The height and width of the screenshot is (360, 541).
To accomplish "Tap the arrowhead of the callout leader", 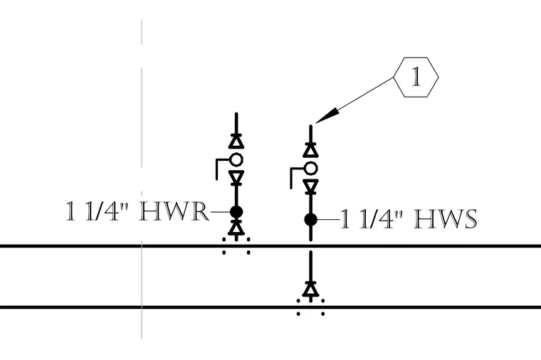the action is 327,115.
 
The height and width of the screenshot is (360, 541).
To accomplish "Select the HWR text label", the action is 174,211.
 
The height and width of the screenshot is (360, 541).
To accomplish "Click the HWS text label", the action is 446,219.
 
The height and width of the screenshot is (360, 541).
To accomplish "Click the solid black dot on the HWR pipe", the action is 236,211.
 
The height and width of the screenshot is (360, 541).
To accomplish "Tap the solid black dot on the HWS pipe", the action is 310,219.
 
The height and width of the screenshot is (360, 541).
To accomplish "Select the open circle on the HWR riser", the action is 236,159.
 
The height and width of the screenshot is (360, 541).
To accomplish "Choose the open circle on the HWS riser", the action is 310,169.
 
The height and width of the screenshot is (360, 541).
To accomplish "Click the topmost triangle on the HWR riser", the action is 236,142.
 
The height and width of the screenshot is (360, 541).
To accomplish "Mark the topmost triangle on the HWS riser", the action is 310,150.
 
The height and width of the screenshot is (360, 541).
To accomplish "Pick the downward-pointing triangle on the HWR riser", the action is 236,177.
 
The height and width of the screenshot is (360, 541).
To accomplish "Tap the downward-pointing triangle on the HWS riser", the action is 310,186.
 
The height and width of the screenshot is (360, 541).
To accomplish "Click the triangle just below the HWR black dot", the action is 236,228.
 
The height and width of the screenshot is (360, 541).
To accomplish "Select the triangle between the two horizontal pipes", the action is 310,289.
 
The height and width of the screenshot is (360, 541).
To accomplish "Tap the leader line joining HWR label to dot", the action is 220,211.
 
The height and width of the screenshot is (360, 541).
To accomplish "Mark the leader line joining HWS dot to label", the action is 328,219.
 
